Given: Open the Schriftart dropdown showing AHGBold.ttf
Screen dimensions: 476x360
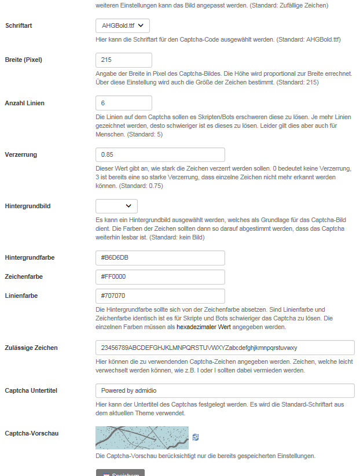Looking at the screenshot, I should point(122,25).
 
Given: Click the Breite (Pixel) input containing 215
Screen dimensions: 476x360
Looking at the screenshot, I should point(123,60).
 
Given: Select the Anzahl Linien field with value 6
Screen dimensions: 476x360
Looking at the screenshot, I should point(123,103).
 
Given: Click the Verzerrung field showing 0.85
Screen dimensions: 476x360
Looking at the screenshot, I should point(160,155).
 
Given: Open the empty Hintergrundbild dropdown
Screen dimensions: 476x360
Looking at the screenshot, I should point(116,206).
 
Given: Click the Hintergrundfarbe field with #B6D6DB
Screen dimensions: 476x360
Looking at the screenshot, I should point(160,257).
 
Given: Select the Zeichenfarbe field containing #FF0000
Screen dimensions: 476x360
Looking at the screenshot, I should point(160,276).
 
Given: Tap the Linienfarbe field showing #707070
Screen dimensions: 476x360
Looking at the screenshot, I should point(160,296).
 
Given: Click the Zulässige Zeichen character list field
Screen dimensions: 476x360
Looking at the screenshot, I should point(225,348).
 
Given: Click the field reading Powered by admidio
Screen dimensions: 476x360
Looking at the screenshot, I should point(225,390).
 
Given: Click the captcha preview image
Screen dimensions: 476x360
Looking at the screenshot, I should point(142,438).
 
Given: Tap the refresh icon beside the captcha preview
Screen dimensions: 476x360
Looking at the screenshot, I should point(196,437).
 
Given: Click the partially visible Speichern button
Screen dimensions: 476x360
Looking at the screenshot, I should point(120,473).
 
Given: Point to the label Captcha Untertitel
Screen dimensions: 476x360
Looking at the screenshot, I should point(31,390).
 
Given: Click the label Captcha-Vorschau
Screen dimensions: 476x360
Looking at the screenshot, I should point(31,433).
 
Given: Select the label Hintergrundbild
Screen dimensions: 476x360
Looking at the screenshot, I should point(28,206).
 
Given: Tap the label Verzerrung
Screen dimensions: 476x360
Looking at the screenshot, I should point(21,155).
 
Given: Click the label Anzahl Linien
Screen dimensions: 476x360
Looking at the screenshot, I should point(25,103).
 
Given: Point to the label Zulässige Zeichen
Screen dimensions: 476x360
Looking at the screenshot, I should point(31,348).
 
